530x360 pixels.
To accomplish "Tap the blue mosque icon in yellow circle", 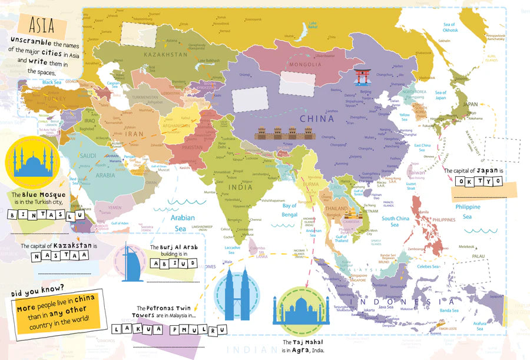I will pos(33,160).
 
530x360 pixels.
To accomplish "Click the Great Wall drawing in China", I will pos(276,134).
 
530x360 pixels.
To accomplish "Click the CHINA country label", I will pos(317,118).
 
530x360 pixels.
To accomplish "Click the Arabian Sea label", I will pos(183,222).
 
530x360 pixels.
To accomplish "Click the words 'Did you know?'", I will pos(37,289).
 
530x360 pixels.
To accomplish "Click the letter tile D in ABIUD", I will pos(188,263).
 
